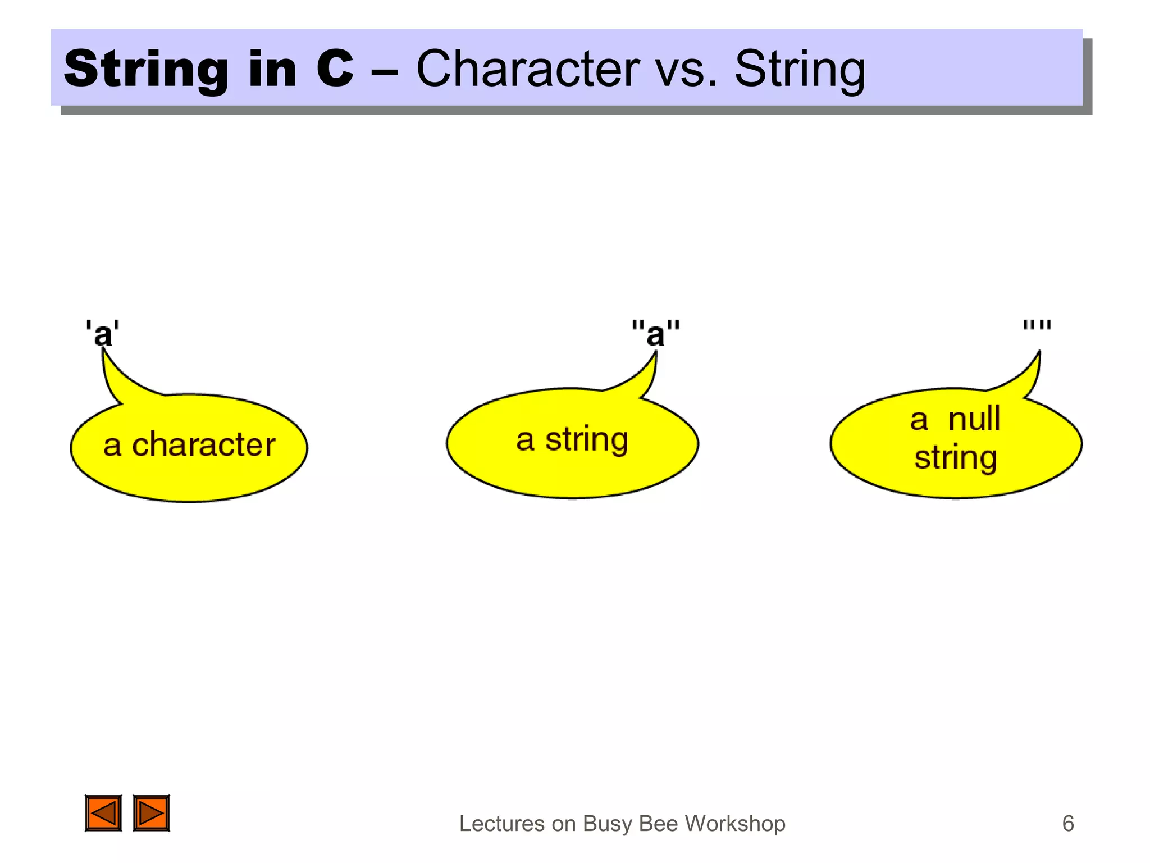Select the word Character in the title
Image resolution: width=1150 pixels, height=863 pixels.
pos(527,70)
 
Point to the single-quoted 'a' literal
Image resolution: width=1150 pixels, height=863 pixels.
pos(102,333)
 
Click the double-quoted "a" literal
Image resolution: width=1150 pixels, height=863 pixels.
pos(655,333)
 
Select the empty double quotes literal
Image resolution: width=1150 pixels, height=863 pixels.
pos(1036,325)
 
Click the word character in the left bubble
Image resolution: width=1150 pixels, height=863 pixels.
pos(203,445)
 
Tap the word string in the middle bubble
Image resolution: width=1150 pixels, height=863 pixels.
pos(587,439)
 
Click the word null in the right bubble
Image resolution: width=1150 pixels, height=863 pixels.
pos(974,419)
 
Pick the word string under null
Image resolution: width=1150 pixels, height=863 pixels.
pos(955,458)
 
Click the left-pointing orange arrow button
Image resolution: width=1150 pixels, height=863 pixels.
pos(103,813)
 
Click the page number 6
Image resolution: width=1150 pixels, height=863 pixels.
pos(1067,824)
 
